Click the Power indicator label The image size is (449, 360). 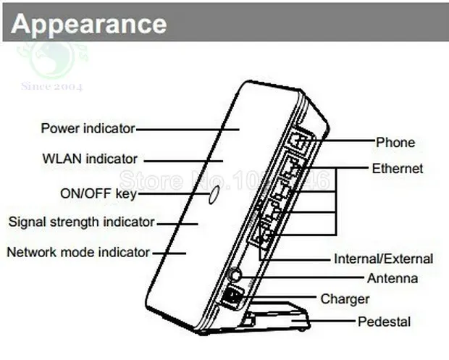[x=88, y=128]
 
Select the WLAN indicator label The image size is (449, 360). [x=90, y=159]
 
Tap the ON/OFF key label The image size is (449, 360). [x=98, y=193]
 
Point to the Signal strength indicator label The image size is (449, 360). [x=81, y=222]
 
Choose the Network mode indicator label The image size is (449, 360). [x=78, y=252]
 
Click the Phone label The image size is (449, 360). [x=395, y=142]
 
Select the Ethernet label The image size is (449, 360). [x=398, y=169]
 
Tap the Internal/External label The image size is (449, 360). [x=383, y=259]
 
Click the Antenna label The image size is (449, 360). [x=392, y=278]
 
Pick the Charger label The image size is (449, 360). [x=345, y=298]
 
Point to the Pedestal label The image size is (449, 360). [x=384, y=322]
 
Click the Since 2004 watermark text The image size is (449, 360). [x=51, y=87]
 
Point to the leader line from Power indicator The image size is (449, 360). [x=188, y=129]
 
